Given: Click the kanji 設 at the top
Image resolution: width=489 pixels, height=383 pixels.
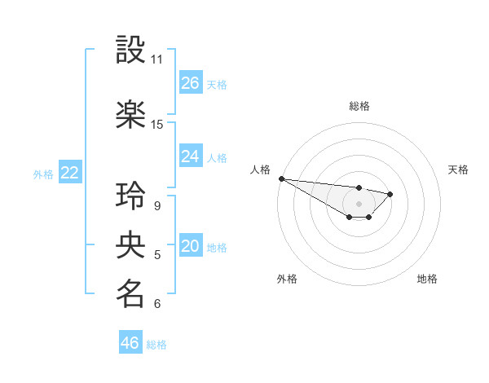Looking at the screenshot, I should point(131,50).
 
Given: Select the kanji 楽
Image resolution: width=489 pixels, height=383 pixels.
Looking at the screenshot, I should point(131,114).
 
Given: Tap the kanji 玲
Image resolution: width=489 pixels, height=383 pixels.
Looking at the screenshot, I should point(131,196).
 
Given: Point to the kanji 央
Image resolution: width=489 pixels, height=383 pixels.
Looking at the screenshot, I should point(131,245).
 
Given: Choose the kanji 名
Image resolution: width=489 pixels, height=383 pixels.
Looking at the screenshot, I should point(131,294).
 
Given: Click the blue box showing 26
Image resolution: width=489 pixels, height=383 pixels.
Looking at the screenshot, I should point(191,83).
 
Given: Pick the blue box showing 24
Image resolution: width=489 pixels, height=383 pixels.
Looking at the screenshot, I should point(191,156).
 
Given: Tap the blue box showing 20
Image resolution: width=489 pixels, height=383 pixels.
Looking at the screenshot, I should point(191,247).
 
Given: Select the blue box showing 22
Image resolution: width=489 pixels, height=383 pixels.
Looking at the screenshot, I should point(70,173).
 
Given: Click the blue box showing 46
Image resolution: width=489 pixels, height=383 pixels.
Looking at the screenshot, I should point(130,343).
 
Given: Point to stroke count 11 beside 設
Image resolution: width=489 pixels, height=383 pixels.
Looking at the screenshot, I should point(156,59).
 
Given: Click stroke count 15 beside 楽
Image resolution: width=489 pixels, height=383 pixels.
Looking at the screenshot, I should point(156,125).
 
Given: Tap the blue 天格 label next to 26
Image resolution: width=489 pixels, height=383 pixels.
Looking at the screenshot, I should point(217,84).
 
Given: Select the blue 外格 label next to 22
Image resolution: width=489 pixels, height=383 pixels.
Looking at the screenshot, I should point(43,174).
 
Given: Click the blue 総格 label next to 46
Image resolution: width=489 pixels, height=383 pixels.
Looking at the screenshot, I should point(156,345).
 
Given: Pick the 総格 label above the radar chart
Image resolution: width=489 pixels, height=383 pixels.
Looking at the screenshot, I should point(359,106).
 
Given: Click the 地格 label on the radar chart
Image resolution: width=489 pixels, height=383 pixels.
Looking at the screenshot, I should point(427,279).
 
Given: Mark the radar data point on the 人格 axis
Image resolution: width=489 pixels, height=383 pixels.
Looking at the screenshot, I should point(281,178).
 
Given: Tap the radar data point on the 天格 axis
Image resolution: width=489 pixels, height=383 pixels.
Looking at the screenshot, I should point(390,194).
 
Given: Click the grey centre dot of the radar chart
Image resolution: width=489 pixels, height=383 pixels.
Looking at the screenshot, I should point(359,204).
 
